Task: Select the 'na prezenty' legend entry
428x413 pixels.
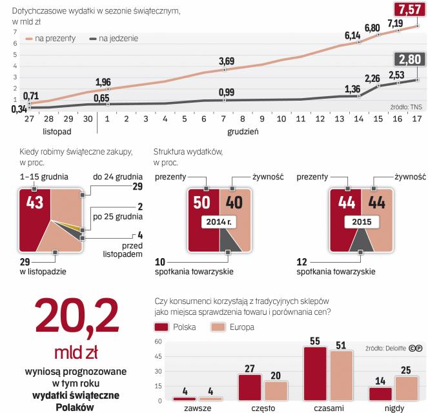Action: click(52, 39)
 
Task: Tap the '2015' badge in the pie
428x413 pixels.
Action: click(360, 223)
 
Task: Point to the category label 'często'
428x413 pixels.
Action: click(252, 408)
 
